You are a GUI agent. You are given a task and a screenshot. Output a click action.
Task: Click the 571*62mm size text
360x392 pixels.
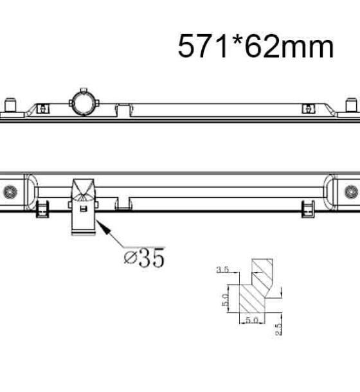click(x=256, y=46)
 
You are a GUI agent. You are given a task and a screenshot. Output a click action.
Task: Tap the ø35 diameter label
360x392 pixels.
click(x=145, y=258)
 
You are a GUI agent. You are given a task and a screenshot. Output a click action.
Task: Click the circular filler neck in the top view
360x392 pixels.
click(x=84, y=103)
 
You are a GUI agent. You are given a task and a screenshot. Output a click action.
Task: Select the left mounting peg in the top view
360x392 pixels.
click(x=10, y=105)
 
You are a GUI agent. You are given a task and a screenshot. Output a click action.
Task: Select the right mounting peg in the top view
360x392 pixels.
click(x=351, y=105)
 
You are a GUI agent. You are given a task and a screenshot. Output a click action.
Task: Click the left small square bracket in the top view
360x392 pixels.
click(x=43, y=109)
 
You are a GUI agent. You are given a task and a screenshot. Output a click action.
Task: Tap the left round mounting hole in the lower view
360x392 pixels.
click(x=10, y=192)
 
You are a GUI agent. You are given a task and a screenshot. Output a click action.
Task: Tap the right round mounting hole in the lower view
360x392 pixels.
click(x=351, y=192)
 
